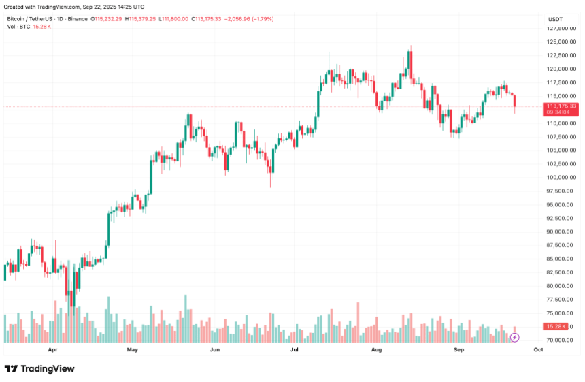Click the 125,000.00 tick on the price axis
(563, 42)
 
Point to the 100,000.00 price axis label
(563, 178)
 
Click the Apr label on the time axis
(53, 350)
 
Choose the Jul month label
(295, 350)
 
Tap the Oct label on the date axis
(538, 350)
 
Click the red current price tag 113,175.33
(561, 106)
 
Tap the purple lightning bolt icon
(515, 337)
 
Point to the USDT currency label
(555, 19)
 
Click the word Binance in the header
(77, 19)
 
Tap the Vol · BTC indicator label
(20, 27)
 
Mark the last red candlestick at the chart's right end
(515, 101)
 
